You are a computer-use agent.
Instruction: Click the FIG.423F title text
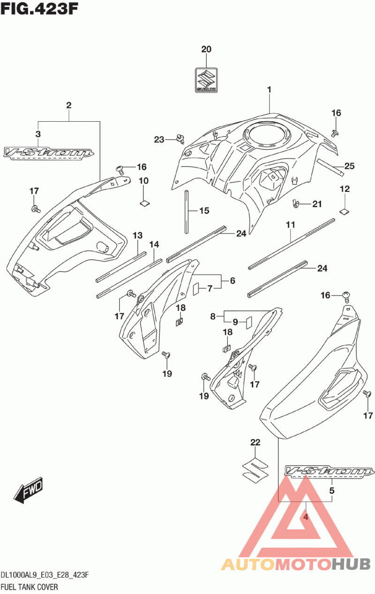point(39,8)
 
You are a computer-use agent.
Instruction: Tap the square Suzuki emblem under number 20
point(206,80)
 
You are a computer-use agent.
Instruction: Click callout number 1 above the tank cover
point(270,89)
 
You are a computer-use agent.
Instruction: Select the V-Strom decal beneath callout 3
point(48,154)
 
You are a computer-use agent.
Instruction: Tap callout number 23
point(159,139)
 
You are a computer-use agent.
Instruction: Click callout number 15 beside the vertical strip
point(204,211)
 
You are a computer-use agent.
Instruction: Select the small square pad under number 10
point(145,203)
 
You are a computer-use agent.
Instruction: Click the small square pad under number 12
point(345,211)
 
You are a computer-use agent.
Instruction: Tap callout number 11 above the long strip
point(291,225)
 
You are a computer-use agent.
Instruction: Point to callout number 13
point(137,235)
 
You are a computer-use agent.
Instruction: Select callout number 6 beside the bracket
point(232,280)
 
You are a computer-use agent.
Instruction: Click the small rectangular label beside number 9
point(249,323)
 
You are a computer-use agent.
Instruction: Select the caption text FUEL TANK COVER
point(29,587)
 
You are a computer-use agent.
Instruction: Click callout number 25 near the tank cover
point(350,166)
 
